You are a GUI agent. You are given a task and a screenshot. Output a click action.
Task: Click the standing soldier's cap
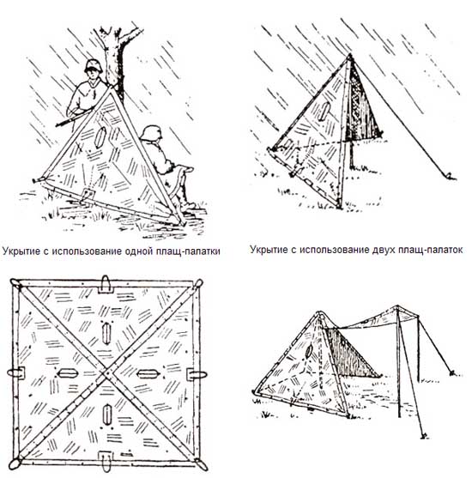(94, 65)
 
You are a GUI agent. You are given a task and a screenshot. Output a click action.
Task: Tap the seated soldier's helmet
(151, 133)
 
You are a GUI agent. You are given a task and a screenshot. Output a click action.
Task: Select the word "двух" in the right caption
(382, 250)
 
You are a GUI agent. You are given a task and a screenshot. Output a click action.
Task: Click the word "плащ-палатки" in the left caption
(188, 251)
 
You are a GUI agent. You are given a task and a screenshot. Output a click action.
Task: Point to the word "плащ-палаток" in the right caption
(429, 250)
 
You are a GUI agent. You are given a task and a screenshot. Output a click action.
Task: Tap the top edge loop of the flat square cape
(106, 284)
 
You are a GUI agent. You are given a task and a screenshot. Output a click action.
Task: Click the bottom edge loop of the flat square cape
(106, 461)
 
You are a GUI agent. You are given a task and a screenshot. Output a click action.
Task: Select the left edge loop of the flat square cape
(16, 372)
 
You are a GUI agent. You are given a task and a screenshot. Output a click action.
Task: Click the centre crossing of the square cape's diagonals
(106, 372)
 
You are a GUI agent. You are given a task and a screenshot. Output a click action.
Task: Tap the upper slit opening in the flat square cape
(106, 333)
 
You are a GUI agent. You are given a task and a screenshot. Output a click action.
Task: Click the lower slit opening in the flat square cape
(106, 414)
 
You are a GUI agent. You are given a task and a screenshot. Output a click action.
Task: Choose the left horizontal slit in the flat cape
(68, 373)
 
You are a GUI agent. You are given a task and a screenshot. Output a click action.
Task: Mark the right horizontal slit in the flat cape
(148, 374)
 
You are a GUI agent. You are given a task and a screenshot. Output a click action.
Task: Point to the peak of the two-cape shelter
(350, 56)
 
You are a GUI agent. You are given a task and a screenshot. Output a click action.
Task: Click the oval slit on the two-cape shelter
(324, 112)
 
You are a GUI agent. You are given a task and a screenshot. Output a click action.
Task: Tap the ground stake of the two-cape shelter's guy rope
(451, 176)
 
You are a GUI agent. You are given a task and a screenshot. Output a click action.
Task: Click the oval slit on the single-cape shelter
(100, 137)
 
